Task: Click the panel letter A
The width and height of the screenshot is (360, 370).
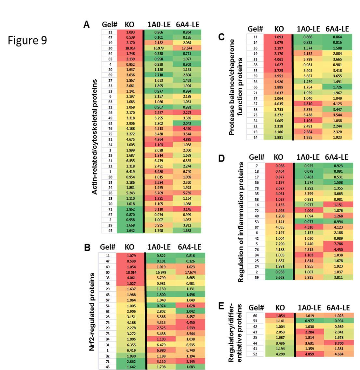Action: point(87,25)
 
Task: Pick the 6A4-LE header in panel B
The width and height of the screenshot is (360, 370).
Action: point(189,247)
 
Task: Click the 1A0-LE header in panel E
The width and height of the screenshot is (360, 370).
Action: point(308,308)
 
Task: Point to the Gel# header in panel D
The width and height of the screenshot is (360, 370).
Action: point(256,157)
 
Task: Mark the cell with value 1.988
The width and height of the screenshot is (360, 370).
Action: point(129,295)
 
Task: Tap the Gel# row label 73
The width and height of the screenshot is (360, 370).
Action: point(257,188)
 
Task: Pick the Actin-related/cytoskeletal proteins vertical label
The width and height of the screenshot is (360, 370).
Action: point(94,137)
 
